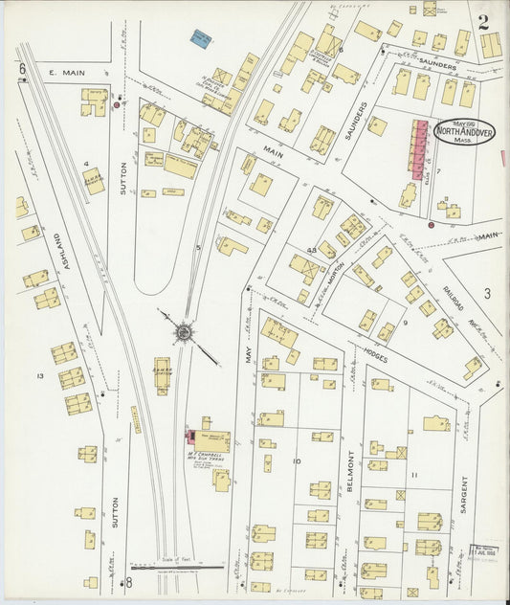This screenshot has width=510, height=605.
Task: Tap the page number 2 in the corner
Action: (484, 22)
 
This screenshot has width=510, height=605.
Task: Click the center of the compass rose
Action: (183, 331)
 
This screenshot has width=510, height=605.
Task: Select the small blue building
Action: (200, 38)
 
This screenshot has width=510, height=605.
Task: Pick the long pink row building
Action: (419, 146)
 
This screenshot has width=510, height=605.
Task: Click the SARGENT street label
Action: (463, 494)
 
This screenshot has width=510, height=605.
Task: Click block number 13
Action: (40, 376)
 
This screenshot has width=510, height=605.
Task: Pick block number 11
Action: (413, 475)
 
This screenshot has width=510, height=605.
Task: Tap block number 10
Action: (297, 461)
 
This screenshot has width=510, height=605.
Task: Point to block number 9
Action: (405, 323)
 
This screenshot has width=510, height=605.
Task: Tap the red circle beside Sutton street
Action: (118, 105)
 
